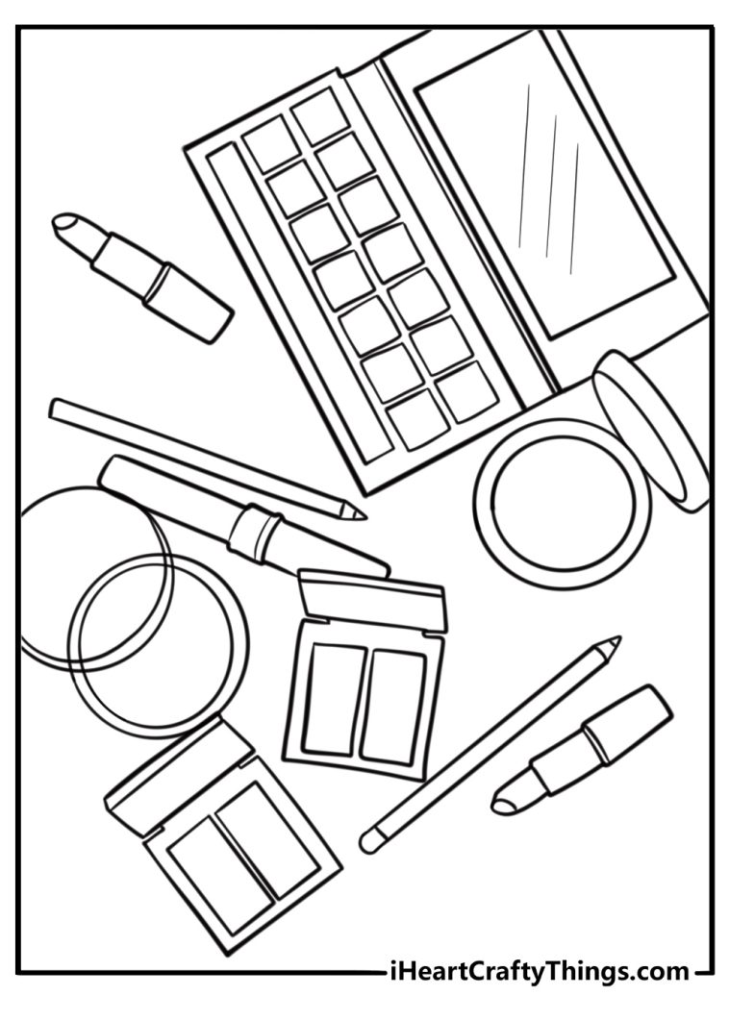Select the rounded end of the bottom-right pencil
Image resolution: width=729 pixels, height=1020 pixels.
369,841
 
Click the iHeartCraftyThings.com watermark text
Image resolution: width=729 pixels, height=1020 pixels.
538,971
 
